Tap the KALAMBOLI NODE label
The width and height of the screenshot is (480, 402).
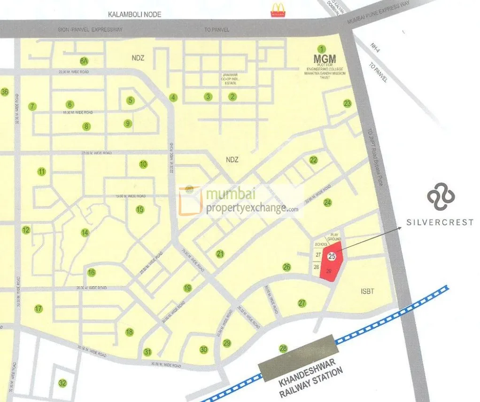point(134,15)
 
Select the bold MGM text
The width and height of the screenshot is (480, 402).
point(325,59)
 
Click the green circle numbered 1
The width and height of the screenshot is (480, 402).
point(322,49)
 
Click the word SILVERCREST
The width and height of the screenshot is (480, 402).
point(440,222)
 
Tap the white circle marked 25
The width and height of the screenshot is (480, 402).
point(332,257)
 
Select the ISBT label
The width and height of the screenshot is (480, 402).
point(368,292)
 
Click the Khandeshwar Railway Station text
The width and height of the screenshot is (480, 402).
point(310,380)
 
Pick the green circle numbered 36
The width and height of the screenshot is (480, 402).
point(5,92)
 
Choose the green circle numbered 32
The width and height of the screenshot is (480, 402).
point(62,383)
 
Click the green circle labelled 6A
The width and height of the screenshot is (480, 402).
point(84,61)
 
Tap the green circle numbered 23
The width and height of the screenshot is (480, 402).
point(347,104)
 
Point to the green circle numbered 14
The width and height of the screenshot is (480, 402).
point(85,233)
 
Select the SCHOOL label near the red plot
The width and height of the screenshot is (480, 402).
point(321,244)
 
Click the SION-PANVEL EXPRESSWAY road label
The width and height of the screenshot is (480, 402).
point(90,30)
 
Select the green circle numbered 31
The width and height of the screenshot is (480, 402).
point(148,352)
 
